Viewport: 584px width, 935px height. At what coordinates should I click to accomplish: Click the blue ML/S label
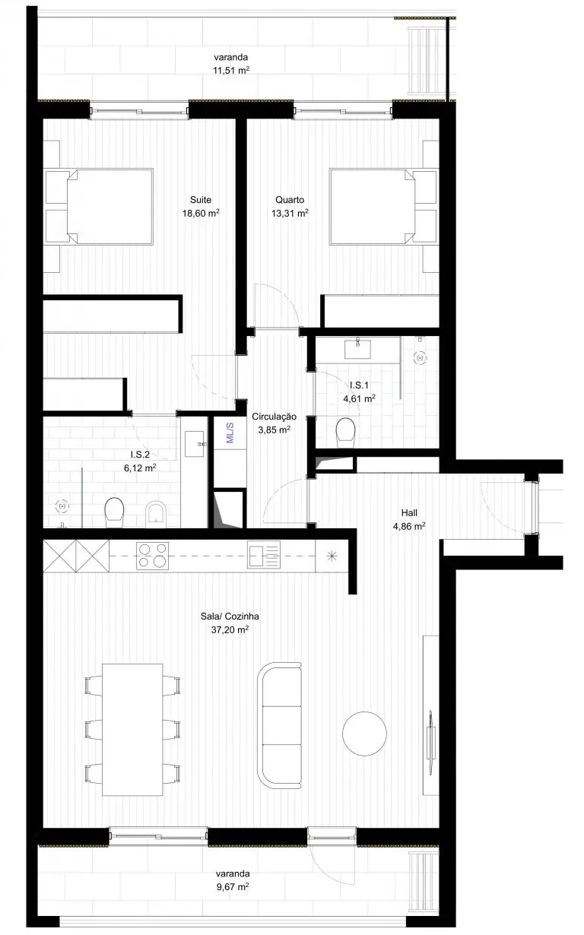coord(230,433)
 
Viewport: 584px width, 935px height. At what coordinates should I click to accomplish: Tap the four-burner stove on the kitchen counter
coord(152,556)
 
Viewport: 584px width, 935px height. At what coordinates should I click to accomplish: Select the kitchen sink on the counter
coord(263,555)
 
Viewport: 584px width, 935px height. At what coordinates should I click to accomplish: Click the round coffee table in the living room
coord(364,734)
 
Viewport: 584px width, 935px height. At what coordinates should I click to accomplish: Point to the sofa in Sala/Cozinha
coord(279,725)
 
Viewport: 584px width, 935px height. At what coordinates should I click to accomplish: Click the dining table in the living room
coord(133,730)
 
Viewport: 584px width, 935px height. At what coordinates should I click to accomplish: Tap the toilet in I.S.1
coord(345,433)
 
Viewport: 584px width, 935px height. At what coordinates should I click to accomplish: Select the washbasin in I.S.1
coord(357,350)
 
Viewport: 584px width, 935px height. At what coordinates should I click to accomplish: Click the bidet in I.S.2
coord(157,514)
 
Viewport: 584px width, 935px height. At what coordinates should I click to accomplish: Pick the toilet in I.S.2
coord(114,512)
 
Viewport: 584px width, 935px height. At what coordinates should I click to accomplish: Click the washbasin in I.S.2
coord(195,444)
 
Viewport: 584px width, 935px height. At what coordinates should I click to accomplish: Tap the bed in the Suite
coord(99,207)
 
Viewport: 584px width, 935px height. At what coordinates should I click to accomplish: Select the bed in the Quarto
coord(383,207)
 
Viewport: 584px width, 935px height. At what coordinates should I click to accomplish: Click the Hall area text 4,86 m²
coord(409,526)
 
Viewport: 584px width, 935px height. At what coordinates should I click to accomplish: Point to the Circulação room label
coord(275,417)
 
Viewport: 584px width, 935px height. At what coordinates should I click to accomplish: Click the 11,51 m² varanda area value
coord(231,70)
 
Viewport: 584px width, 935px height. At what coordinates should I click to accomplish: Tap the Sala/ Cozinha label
coord(230,616)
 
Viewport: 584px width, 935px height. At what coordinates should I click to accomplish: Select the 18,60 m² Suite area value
coord(201,213)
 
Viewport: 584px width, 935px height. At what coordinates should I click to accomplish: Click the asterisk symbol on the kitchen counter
coord(332,556)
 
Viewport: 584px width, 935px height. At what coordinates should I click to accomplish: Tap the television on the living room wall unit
coord(430,734)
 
